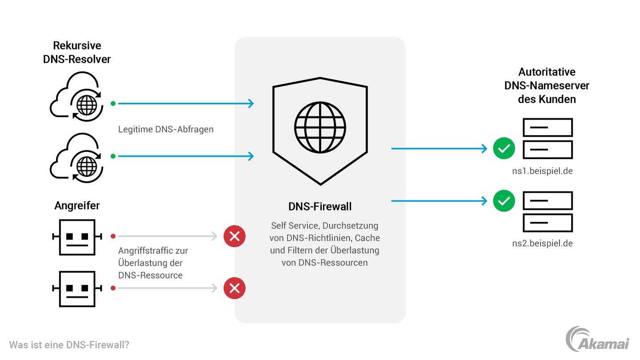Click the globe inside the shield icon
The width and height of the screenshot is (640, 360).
(x=320, y=128)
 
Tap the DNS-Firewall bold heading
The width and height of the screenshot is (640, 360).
(x=320, y=207)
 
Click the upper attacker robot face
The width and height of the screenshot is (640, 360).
(x=77, y=237)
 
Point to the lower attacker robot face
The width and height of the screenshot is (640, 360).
(x=77, y=289)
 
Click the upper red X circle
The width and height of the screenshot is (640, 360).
(x=235, y=236)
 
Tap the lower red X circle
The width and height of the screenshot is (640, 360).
(x=235, y=288)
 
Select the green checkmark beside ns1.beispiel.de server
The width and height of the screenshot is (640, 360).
(x=504, y=148)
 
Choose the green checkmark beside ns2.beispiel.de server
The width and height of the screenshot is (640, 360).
(x=504, y=201)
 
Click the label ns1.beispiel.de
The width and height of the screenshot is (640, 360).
(x=542, y=171)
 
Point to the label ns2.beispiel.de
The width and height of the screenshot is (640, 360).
(x=542, y=243)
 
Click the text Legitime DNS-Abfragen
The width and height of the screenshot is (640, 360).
(x=166, y=129)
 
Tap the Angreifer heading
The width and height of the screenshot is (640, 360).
(x=77, y=205)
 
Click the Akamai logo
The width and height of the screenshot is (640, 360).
(x=597, y=340)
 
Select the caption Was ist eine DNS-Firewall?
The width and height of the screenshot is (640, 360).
(x=69, y=345)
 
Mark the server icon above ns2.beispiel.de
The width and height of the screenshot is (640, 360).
(x=548, y=212)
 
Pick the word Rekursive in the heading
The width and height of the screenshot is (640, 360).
(x=77, y=45)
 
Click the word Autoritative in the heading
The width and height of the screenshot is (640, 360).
(x=547, y=72)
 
